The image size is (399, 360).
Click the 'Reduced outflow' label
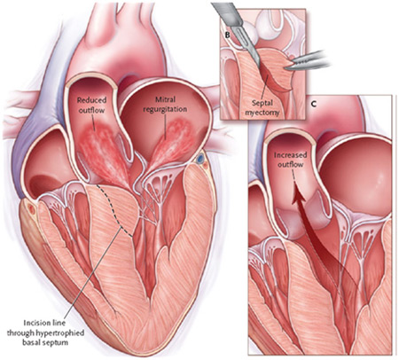point(91,105)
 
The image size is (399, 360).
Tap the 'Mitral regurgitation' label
point(165,105)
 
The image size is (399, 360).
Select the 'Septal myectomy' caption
point(262,107)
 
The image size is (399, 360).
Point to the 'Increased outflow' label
point(290,160)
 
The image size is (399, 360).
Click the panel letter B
point(227,35)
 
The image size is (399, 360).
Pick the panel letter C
point(314,104)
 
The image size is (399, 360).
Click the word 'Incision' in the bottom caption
point(34,323)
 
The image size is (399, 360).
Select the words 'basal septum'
point(45,343)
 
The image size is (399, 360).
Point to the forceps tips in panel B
point(290,67)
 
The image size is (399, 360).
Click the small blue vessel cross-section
point(201,159)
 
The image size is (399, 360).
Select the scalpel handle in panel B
point(228,12)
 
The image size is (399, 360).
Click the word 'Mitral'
point(165,100)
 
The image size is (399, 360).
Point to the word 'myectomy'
point(262,113)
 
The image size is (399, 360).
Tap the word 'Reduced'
point(91,100)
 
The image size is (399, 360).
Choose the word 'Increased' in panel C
point(290,155)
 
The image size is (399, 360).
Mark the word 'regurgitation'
point(165,109)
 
